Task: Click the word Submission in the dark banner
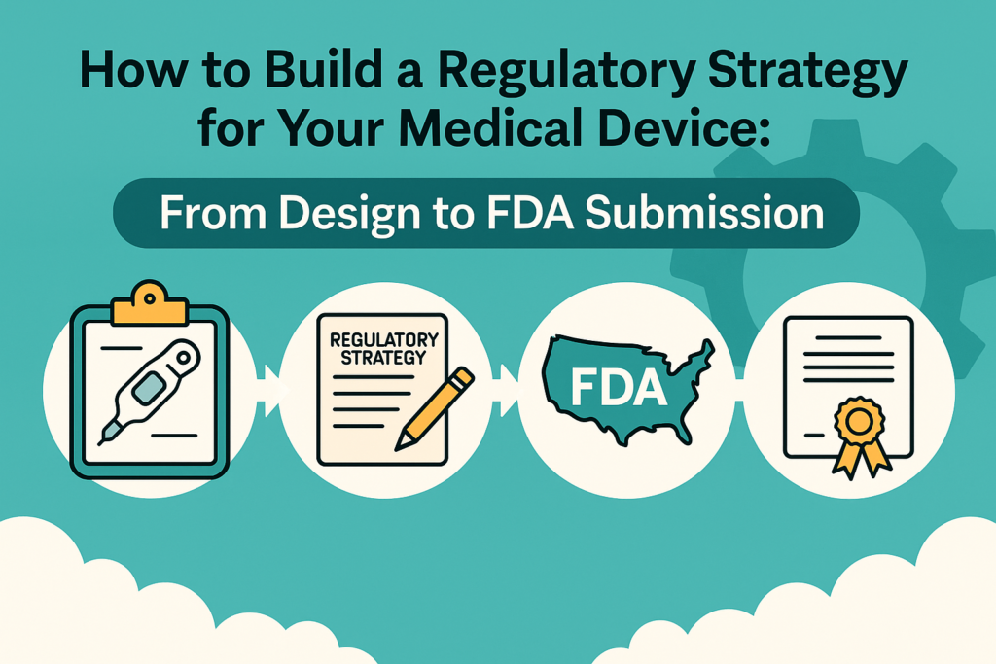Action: coord(704,213)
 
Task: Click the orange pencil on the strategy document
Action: coord(435,409)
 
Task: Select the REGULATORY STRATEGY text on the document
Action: coord(383,348)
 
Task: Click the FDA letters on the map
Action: coord(619,387)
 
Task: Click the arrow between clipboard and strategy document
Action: coord(272,391)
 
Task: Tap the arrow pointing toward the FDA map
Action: coord(510,391)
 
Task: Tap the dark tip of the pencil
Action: coord(401,443)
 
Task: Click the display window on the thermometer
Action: coord(149,389)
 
